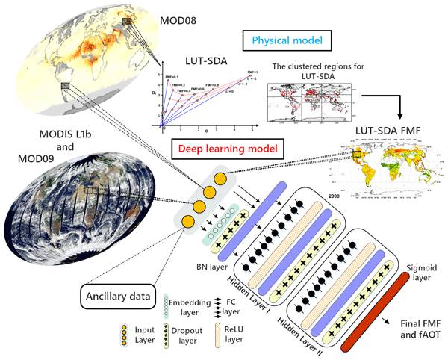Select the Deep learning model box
click(234, 149)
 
